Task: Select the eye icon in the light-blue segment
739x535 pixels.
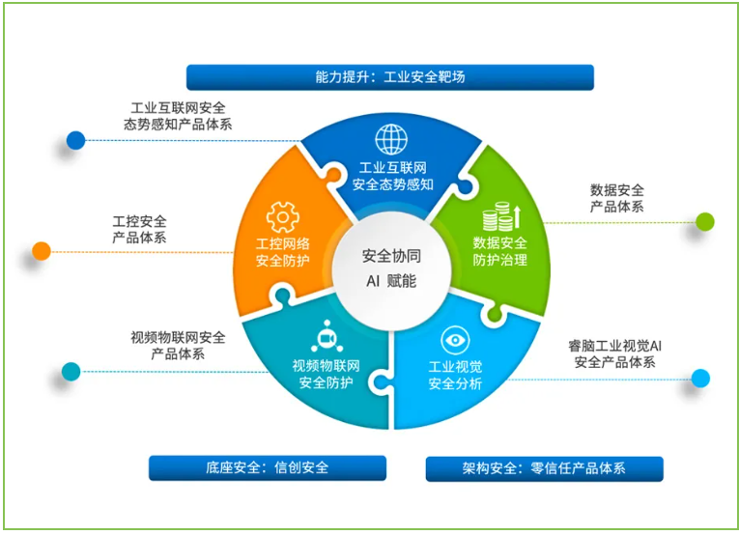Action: [455, 340]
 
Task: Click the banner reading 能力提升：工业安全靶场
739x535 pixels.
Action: [389, 76]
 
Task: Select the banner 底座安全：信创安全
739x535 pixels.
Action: [268, 467]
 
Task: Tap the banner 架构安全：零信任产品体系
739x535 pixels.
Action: [544, 468]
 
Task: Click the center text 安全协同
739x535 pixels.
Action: [391, 257]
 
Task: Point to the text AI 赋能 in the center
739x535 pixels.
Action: [391, 281]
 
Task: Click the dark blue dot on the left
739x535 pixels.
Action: [75, 141]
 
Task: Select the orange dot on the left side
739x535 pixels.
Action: [42, 251]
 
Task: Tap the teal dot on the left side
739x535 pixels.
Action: [71, 371]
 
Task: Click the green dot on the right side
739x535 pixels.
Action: [705, 222]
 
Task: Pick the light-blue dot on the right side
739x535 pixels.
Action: [700, 378]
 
